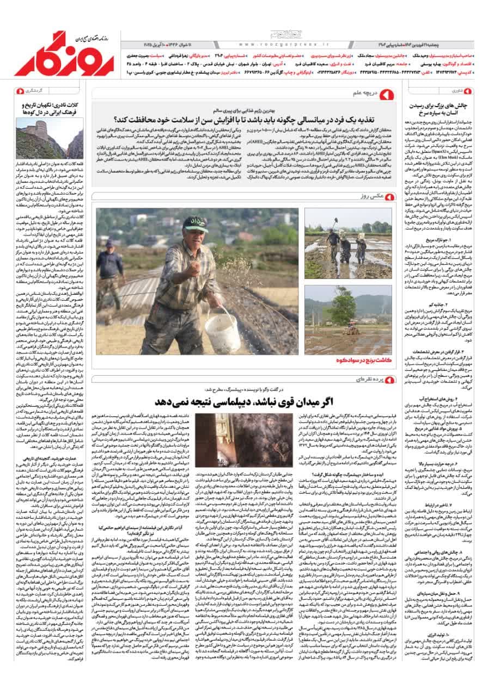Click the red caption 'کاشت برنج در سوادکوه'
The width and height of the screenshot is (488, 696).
357,360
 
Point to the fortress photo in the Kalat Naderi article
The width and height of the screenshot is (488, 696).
50,138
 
